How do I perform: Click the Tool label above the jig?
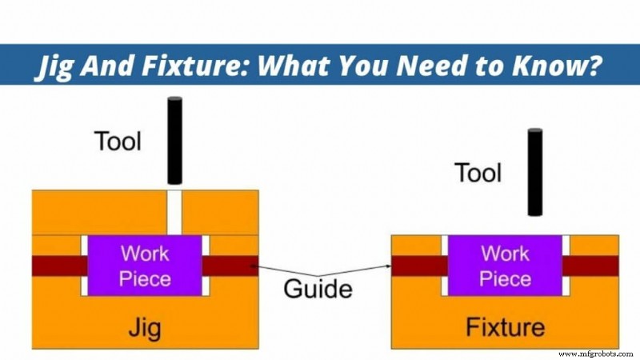tap(118, 142)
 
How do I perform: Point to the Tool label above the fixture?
tap(478, 173)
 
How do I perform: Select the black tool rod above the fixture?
tap(534, 172)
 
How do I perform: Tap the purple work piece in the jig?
tap(145, 266)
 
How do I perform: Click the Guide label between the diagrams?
tap(318, 289)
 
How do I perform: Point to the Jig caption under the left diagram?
tap(145, 326)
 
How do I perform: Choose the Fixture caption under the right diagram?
tap(505, 326)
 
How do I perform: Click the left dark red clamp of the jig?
tap(59, 266)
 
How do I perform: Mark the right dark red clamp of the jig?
tap(230, 266)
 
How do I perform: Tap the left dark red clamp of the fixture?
tap(419, 266)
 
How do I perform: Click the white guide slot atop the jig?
tap(175, 212)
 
